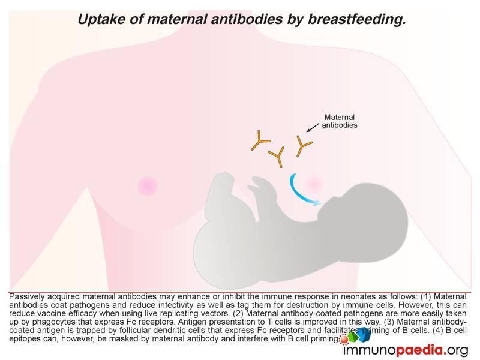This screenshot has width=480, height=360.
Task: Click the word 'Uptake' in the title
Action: point(101,20)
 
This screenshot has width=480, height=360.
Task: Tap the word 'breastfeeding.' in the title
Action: point(356,20)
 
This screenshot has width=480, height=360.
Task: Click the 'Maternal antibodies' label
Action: point(340,121)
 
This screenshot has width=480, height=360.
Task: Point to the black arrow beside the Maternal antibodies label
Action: point(313,128)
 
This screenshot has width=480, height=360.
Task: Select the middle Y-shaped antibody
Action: point(278,156)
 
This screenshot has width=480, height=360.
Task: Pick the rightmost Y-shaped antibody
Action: point(303,145)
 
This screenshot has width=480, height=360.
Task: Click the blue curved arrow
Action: point(298,192)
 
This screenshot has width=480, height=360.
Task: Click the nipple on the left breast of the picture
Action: point(148,185)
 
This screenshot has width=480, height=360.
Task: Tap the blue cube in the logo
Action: point(364,334)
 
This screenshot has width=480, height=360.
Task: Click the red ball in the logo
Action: point(344,340)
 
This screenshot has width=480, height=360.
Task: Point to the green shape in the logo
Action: point(353,337)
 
